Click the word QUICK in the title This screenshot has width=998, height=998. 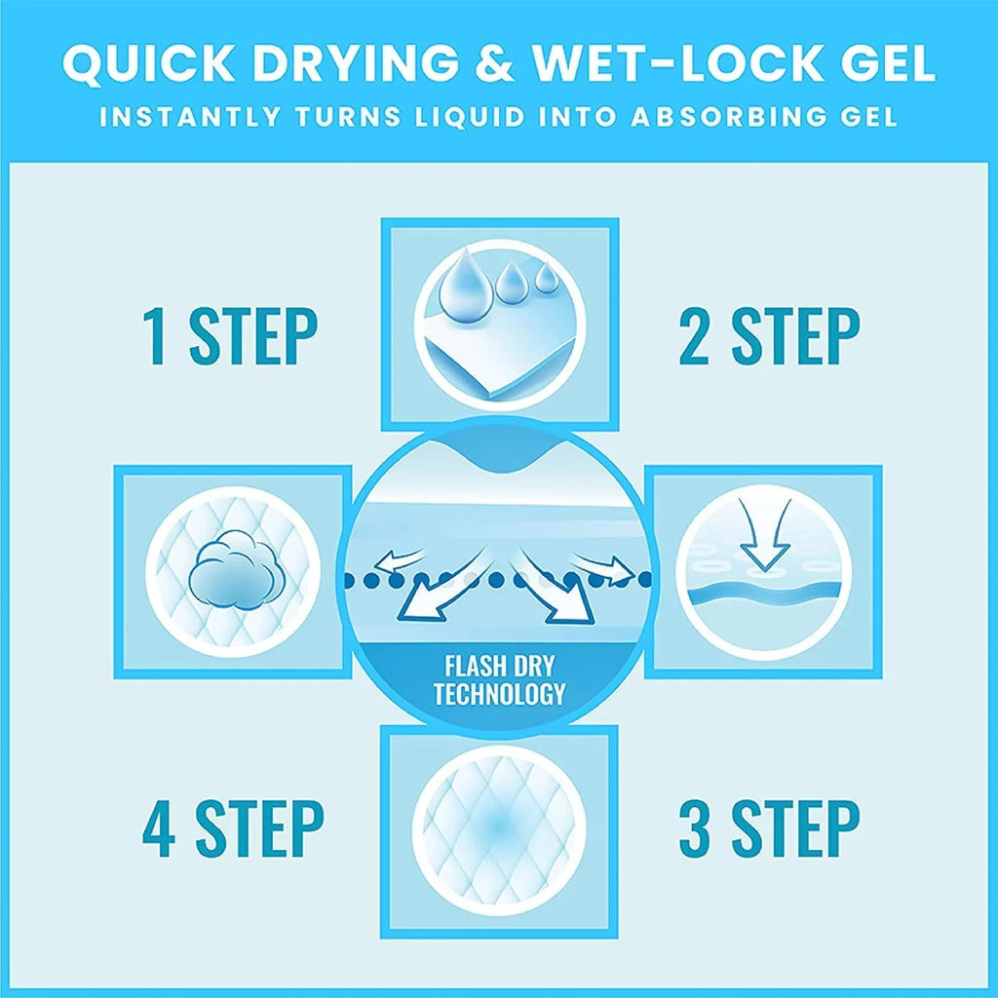click(x=150, y=63)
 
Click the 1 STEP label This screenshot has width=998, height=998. click(x=230, y=336)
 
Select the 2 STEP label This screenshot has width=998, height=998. click(x=770, y=336)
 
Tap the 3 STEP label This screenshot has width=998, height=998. click(x=770, y=829)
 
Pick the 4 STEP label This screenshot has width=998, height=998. click(x=233, y=829)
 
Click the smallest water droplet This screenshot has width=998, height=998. click(x=547, y=278)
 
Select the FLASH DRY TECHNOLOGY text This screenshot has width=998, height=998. click(x=499, y=679)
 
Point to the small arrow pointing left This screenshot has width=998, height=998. click(x=399, y=558)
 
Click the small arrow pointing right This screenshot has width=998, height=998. click(x=601, y=564)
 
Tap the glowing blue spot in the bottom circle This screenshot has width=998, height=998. click(x=499, y=825)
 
